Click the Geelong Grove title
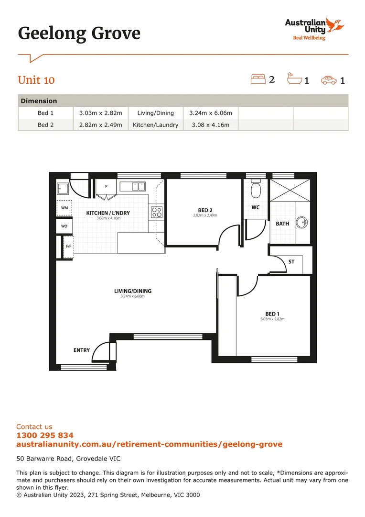79,34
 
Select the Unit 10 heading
36,80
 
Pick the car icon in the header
329,80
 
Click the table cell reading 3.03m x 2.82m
100,113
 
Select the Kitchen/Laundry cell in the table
155,125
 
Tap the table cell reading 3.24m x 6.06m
210,113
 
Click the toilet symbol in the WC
256,191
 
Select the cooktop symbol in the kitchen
157,212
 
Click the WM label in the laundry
64,208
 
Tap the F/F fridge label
68,247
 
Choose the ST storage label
291,262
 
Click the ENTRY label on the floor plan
82,350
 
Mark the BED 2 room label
205,210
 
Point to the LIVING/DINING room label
132,291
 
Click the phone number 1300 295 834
45,435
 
